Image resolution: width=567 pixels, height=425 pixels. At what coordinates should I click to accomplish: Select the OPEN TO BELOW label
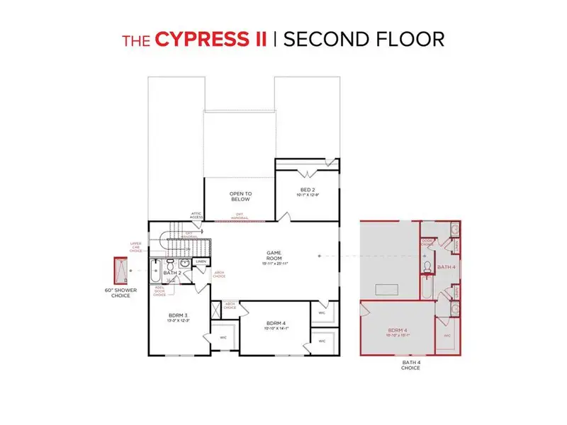(x=240, y=196)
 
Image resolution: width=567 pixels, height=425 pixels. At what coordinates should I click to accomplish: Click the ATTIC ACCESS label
(x=196, y=215)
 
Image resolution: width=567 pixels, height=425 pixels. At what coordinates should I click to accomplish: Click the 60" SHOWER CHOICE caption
(x=120, y=292)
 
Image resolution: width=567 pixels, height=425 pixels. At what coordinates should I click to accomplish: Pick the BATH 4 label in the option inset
(x=444, y=267)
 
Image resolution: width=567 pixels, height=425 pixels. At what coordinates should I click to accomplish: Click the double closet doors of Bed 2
(x=306, y=173)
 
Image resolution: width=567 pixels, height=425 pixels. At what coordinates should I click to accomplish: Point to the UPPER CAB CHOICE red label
(x=137, y=246)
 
